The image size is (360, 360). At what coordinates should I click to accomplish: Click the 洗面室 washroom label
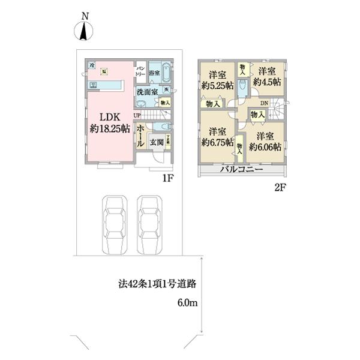[x=146, y=92]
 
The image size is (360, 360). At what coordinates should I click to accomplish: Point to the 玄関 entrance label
[x=157, y=143]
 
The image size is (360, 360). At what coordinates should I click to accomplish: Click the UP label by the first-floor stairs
[x=137, y=115]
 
